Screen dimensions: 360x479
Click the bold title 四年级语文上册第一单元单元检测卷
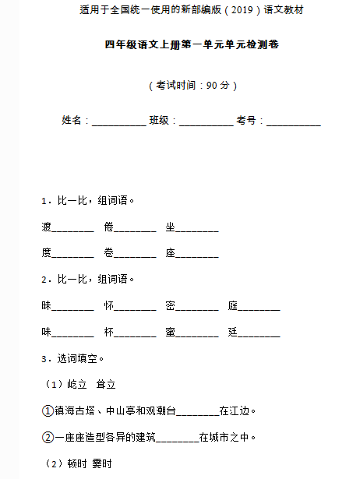point(180,45)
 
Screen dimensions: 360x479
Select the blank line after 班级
point(206,122)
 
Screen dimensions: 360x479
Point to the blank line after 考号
point(293,122)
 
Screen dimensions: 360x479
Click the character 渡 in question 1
point(47,227)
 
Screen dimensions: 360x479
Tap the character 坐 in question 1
point(171,227)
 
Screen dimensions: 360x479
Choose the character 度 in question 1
point(47,252)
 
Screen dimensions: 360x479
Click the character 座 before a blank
point(171,252)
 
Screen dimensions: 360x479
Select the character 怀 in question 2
point(108,306)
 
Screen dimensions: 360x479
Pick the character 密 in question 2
point(171,306)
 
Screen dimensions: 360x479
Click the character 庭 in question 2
point(233,306)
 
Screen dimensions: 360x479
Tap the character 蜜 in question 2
point(171,332)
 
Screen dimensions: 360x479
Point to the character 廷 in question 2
point(233,332)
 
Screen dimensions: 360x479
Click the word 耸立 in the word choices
point(105,384)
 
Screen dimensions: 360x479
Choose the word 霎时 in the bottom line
point(102,463)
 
